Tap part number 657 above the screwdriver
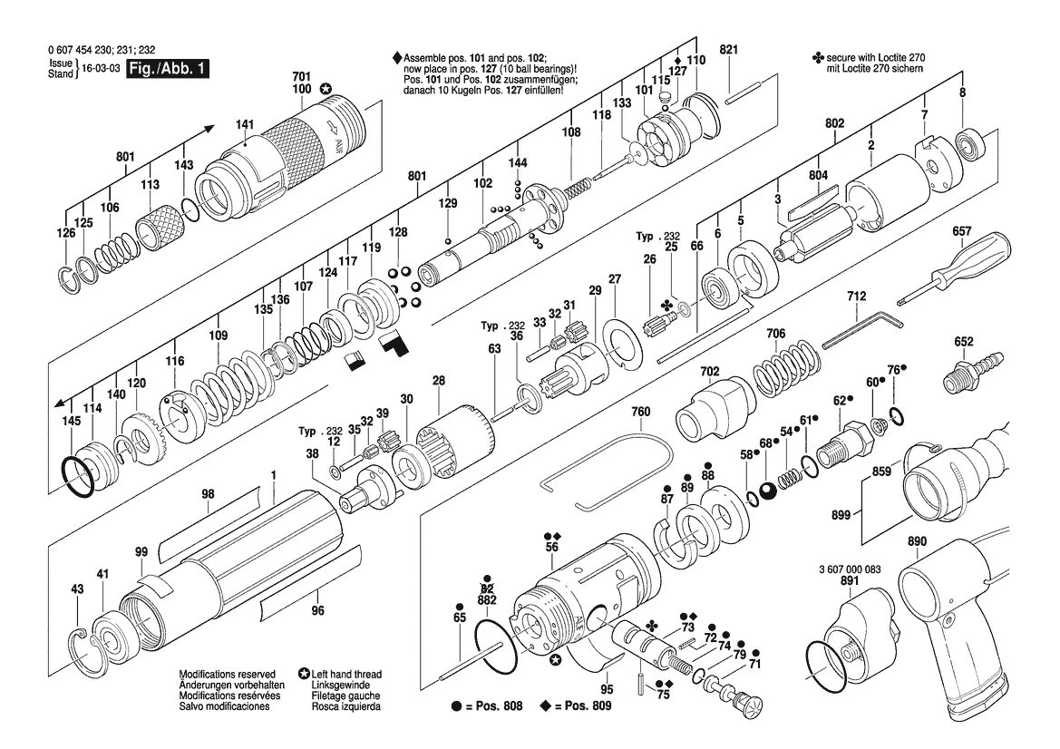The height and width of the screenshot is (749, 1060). click(961, 231)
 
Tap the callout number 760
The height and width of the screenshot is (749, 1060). click(640, 412)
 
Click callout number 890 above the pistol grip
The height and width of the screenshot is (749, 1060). click(917, 540)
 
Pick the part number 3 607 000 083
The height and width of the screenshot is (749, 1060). click(845, 569)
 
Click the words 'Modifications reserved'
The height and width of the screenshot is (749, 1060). click(227, 674)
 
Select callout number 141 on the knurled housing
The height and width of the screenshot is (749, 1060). click(245, 124)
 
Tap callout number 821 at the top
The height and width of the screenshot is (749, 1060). click(729, 49)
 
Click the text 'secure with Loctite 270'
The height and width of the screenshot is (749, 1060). click(875, 58)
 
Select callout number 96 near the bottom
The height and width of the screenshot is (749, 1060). click(317, 610)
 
